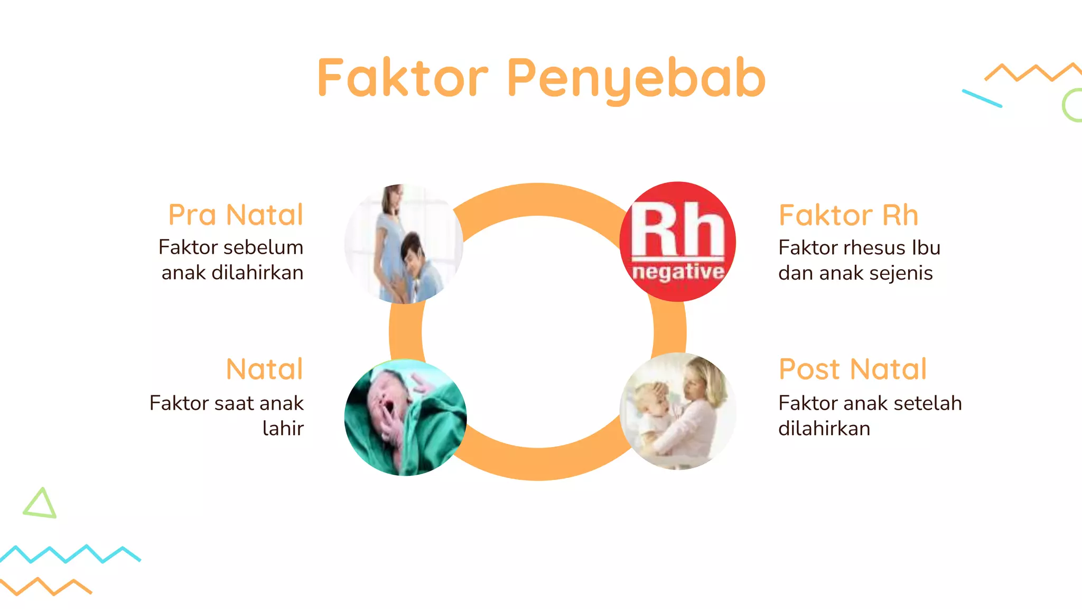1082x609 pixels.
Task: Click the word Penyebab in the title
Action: point(636,79)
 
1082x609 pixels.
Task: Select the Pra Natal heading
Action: point(236,215)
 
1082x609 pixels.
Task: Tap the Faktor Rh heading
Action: point(848,215)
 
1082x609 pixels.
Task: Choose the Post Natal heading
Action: point(853,369)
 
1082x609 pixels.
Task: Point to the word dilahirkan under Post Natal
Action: point(824,429)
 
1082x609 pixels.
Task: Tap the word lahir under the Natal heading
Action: point(283,429)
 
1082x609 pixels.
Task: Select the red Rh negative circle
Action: point(678,242)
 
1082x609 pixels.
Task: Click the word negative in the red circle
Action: point(678,272)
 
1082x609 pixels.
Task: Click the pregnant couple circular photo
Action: point(404,244)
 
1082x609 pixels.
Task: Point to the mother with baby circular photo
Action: point(678,411)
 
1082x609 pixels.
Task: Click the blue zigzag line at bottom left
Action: point(69,553)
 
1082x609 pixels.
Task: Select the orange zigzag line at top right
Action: point(1033,72)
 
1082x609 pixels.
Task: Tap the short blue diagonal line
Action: point(982,98)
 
